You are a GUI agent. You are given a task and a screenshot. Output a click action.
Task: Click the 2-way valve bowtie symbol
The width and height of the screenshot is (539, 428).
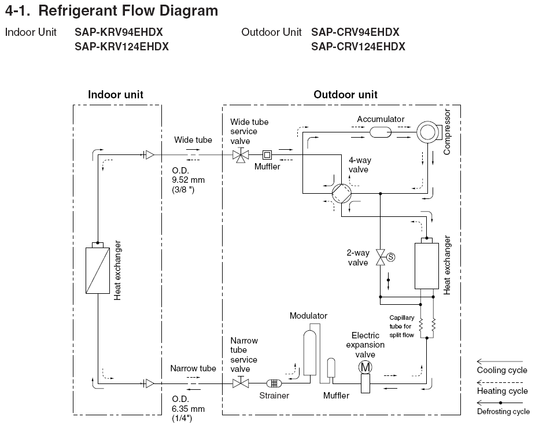click(x=380, y=257)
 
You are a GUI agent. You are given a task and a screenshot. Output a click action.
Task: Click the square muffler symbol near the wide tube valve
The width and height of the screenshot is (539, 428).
click(x=267, y=155)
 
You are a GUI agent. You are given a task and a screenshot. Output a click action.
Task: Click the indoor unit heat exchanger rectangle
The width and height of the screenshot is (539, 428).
click(x=97, y=270)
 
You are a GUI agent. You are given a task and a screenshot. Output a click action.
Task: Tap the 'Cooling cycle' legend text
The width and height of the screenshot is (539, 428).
click(x=502, y=370)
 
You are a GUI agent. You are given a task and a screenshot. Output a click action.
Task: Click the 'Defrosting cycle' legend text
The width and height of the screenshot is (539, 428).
click(x=503, y=412)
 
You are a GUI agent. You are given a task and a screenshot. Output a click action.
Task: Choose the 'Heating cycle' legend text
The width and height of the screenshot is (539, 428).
click(x=502, y=391)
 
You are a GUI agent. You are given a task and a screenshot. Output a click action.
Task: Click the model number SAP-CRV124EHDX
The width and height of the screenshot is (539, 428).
click(x=358, y=47)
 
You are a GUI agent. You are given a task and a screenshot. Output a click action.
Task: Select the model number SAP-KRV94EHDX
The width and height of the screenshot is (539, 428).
click(x=119, y=32)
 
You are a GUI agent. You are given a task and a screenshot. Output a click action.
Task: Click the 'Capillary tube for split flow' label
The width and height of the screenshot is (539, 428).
click(x=401, y=326)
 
